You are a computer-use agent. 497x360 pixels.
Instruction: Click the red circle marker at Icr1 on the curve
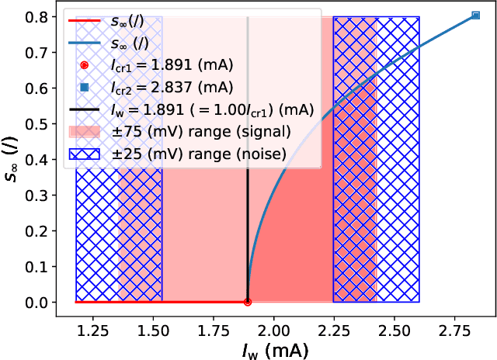(x=248, y=302)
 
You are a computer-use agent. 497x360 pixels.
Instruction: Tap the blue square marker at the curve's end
(x=476, y=16)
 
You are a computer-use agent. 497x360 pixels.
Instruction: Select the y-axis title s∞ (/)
(x=15, y=159)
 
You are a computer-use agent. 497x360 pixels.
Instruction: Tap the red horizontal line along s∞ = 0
(x=155, y=302)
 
